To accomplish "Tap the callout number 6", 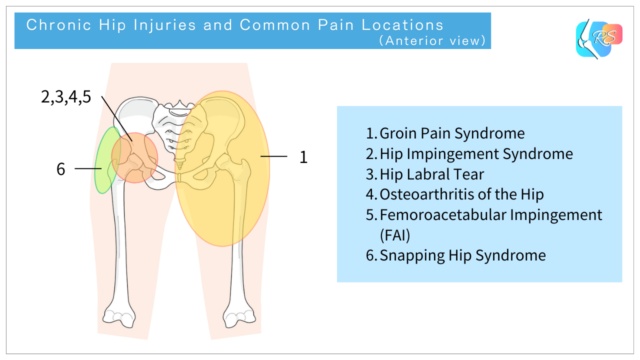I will click(x=61, y=170).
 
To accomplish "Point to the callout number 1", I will click(x=303, y=157).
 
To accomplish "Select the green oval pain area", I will click(x=103, y=160).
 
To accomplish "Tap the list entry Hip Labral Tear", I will click(x=431, y=174).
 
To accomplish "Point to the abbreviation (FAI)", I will click(x=394, y=235).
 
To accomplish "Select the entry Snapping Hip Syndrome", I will click(x=456, y=256).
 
